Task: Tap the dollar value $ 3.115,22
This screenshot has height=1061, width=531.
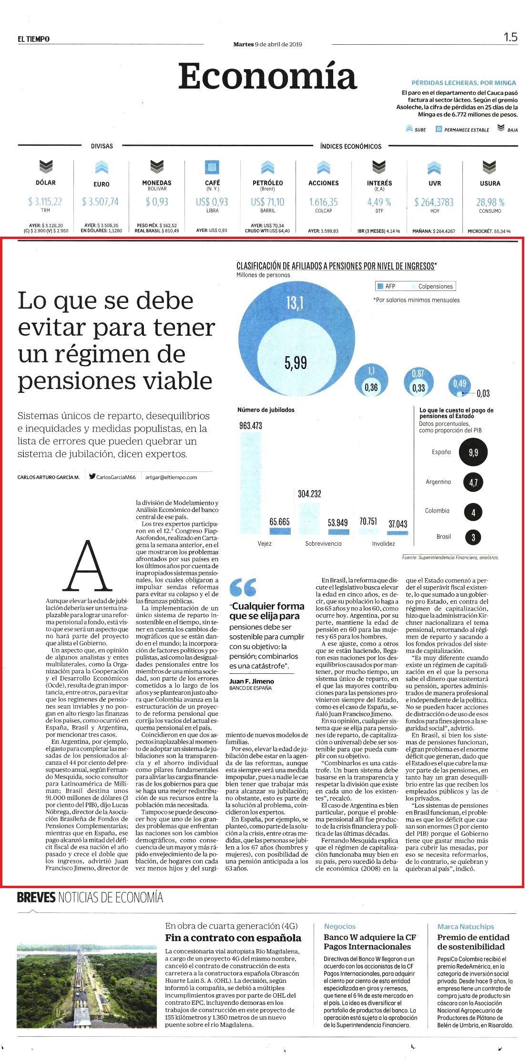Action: click(x=45, y=202)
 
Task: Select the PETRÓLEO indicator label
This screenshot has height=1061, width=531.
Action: click(x=267, y=183)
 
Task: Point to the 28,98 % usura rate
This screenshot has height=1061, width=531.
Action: click(x=490, y=202)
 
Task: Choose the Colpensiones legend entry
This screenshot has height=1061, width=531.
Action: click(x=431, y=286)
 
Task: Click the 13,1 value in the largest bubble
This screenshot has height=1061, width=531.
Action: click(x=295, y=303)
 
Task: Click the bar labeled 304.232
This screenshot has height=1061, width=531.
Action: click(x=310, y=518)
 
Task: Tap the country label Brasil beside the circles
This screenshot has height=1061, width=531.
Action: click(x=443, y=536)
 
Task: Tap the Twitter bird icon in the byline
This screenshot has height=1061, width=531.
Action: click(x=92, y=476)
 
